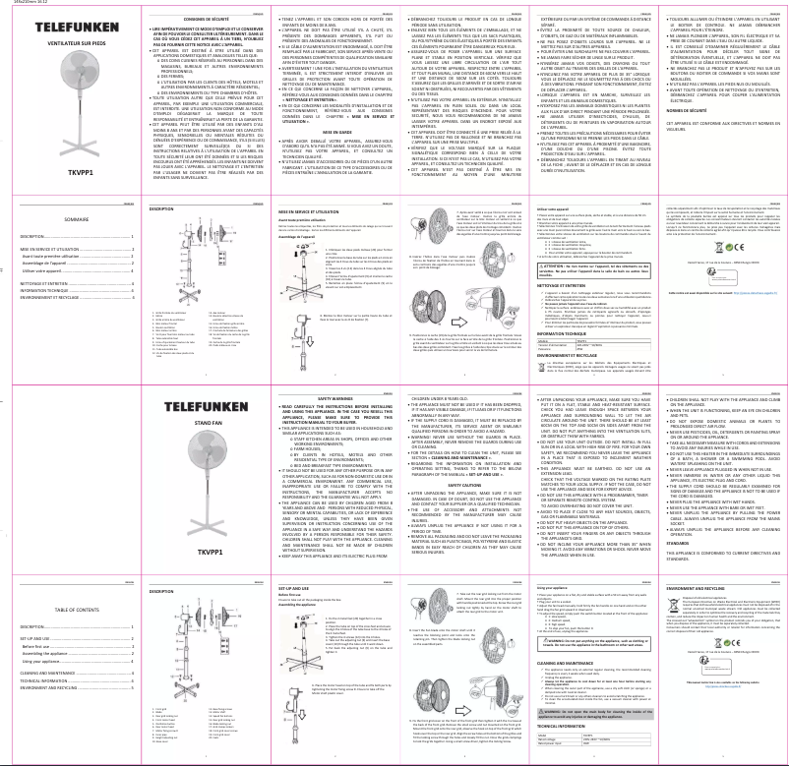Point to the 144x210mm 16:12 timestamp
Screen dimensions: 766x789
click(x=19, y=4)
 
